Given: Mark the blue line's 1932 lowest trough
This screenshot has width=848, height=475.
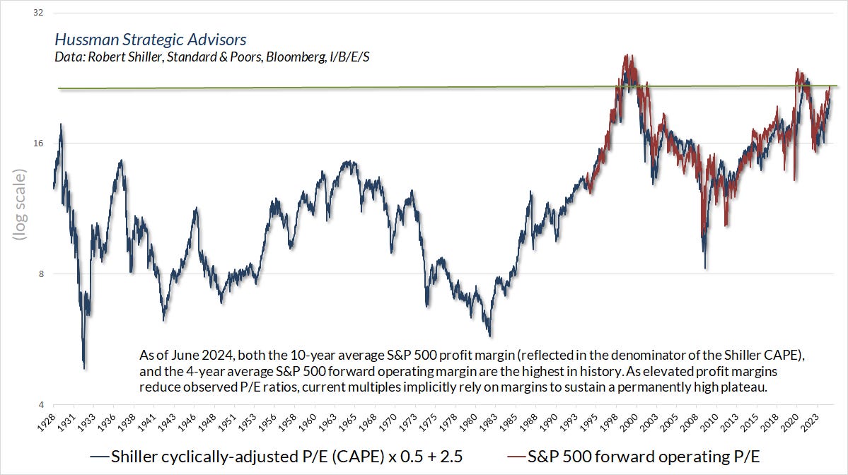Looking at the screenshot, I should pos(84,368).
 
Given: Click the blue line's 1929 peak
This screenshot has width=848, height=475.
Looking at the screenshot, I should pos(61,124).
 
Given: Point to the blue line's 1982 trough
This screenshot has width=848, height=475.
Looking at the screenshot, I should pos(489,336).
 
